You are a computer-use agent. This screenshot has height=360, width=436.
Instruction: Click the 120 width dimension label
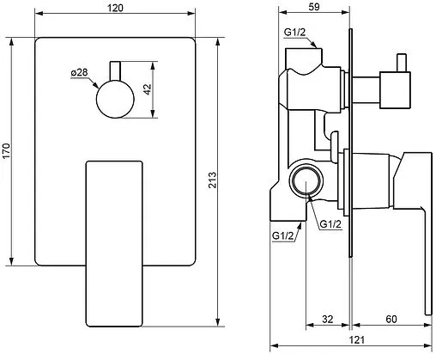115,8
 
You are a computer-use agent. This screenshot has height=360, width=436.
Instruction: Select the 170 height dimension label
6,150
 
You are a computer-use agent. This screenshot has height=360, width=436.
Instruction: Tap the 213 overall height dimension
212,180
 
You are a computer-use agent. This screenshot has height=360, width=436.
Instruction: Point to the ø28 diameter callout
79,72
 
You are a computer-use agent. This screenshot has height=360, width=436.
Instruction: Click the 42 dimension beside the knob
148,89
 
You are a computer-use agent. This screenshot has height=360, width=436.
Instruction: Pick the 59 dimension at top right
314,7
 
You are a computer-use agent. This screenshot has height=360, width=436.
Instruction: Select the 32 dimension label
327,319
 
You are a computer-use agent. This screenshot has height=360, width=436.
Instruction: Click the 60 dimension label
391,319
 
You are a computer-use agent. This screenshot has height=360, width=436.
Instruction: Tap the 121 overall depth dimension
357,340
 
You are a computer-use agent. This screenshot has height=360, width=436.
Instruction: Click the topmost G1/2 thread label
294,32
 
